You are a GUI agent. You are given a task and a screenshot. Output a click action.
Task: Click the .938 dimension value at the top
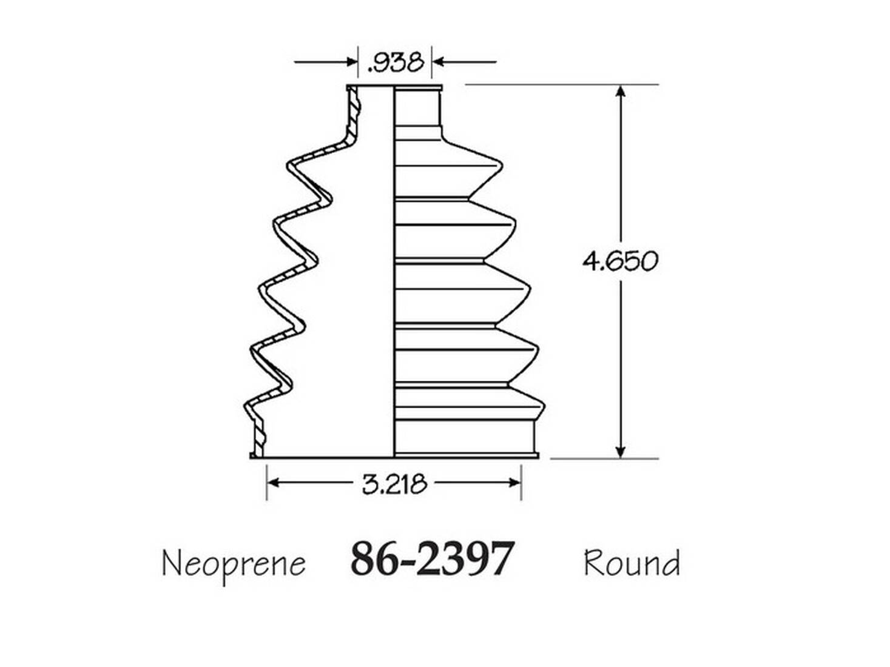(395, 62)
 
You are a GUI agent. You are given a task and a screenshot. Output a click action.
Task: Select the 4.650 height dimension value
(619, 261)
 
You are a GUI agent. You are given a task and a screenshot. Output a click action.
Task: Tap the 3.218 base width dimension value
(395, 483)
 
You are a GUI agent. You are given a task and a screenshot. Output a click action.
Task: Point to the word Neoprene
(234, 564)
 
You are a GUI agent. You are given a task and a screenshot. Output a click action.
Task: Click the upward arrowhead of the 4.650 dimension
(620, 92)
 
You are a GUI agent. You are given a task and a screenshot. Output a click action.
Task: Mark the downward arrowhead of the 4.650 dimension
(620, 452)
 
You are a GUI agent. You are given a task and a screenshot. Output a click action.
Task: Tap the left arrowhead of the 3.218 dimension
(273, 483)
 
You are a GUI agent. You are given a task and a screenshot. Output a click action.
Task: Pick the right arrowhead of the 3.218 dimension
(515, 483)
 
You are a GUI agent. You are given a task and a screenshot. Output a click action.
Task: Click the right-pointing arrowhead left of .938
(351, 62)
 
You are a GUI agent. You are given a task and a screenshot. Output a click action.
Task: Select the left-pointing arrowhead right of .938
(438, 62)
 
